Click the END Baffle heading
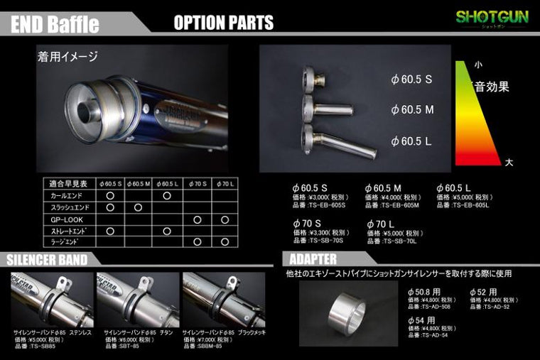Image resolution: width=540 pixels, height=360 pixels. click(x=54, y=23)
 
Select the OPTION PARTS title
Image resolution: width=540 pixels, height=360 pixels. click(x=223, y=23)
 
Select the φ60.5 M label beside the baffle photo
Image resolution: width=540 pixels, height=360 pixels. click(x=411, y=109)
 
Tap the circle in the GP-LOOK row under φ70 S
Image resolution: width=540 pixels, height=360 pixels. click(x=197, y=219)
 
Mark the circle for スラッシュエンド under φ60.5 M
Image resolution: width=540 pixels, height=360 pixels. click(x=138, y=207)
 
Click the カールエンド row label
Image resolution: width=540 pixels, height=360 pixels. click(x=68, y=195)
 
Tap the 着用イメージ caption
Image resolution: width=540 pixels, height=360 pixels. click(x=67, y=56)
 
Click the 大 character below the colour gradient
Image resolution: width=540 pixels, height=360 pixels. click(x=508, y=162)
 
